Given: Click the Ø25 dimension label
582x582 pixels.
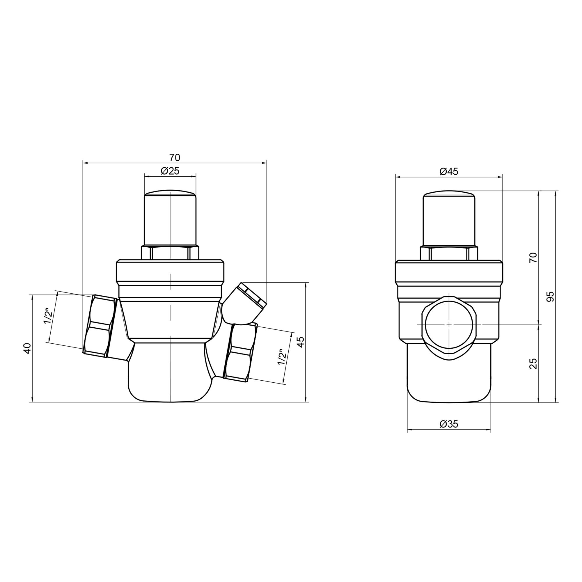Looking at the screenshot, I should pos(170,171).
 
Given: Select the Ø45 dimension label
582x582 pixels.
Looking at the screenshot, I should pos(449,172).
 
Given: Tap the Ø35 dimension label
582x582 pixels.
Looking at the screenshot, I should pos(449,424).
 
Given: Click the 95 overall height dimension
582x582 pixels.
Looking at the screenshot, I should pos(550,297).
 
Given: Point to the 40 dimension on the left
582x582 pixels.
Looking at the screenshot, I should pos(27,348).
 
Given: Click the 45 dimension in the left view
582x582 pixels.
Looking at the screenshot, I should pos(301,342).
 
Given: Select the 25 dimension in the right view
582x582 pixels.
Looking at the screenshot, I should pos(533,363).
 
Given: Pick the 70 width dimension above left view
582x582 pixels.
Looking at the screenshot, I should pos(174,157).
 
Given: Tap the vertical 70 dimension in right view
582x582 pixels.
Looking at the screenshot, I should pos(533,258).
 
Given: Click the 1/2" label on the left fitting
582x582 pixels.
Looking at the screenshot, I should pos(48,316).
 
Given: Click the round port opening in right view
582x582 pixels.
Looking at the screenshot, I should pos(449,324).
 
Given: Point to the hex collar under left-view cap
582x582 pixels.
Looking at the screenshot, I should pos(170,253).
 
